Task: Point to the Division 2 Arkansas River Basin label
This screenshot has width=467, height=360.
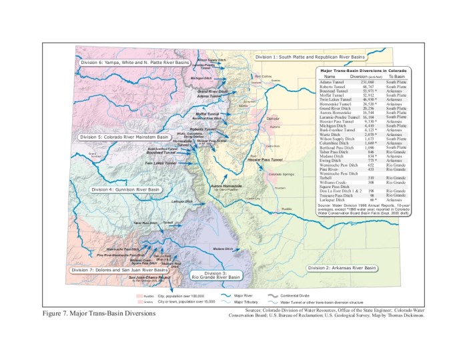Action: (x=342, y=267)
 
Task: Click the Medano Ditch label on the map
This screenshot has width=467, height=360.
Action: (x=223, y=249)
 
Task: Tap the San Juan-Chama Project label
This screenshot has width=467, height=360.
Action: (x=145, y=277)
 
